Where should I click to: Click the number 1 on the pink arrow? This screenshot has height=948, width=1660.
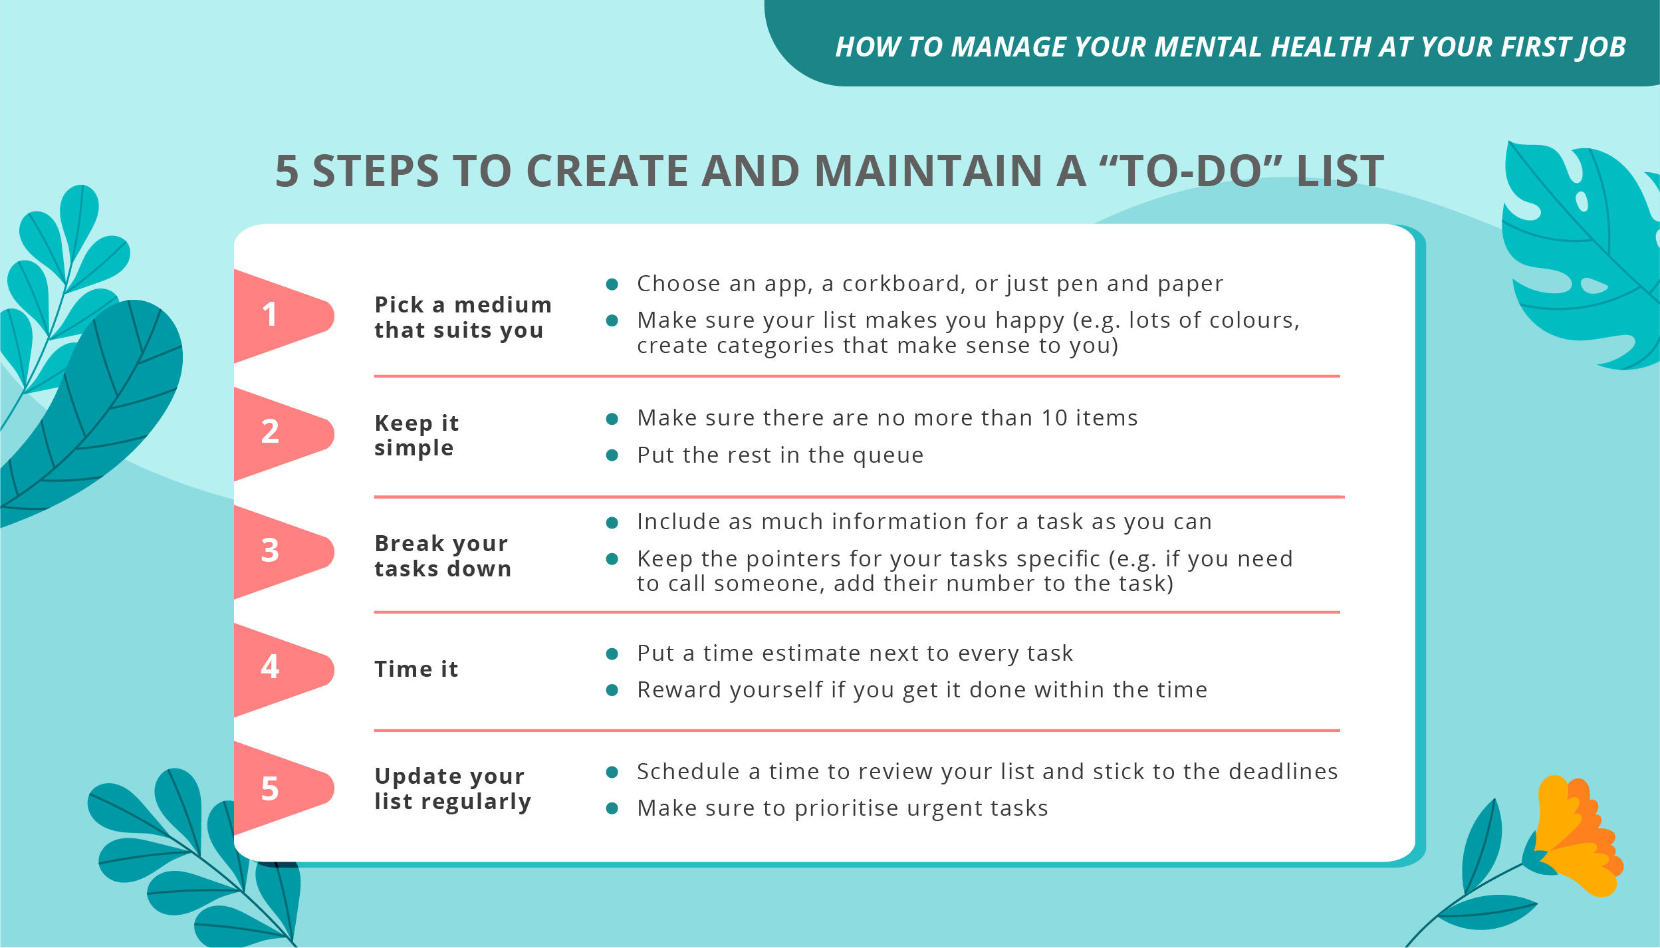tap(269, 314)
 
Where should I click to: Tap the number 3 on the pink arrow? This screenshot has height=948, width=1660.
tap(270, 550)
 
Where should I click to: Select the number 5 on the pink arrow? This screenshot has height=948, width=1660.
tap(270, 789)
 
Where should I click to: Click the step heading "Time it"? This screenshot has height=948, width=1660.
tap(416, 669)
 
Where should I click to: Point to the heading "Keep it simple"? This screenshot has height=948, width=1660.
tap(416, 435)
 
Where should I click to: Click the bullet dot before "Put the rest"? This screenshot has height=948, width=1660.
tap(612, 455)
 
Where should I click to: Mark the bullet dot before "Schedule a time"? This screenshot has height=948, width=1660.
tap(612, 772)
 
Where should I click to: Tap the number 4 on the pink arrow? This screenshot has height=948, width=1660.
tap(270, 667)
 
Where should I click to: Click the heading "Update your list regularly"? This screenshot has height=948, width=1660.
tap(452, 789)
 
